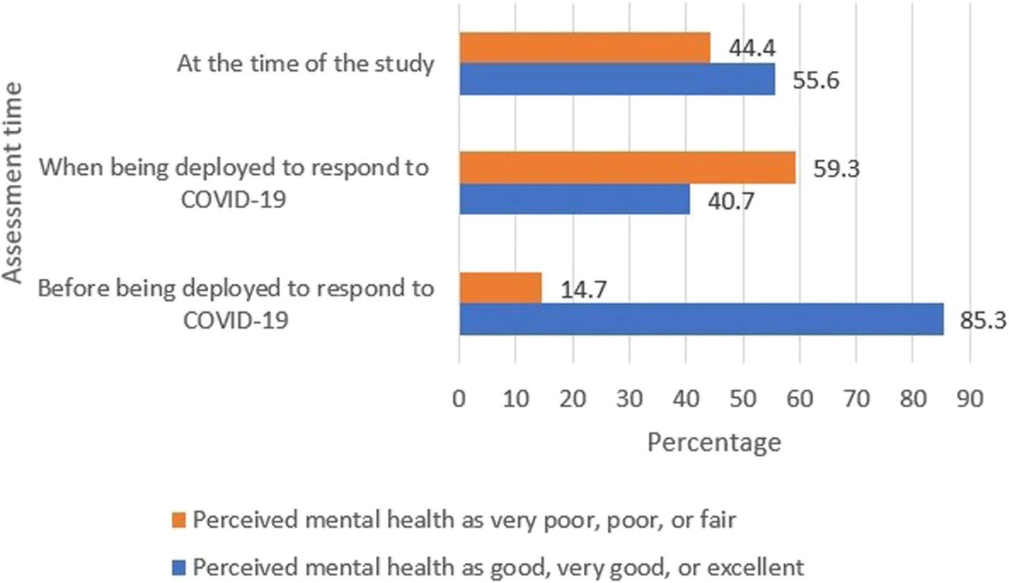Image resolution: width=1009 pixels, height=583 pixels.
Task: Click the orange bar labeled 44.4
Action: pos(584,47)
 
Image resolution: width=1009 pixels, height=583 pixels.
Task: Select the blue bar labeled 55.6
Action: pos(616,79)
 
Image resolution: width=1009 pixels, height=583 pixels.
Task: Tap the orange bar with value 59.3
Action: pos(627,168)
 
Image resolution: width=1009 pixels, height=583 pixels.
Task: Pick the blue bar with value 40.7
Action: pos(574,199)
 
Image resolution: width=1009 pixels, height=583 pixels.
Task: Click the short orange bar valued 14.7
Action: pos(501,288)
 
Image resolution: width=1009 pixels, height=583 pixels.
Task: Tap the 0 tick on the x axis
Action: pos(460,399)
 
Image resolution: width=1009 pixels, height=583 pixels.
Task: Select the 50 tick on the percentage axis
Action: pos(743,399)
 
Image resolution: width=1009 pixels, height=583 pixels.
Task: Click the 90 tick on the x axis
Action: pos(969,399)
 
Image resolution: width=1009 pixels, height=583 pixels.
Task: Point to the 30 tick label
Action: pos(629,399)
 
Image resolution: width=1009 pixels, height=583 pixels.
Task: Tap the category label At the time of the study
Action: pos(306,65)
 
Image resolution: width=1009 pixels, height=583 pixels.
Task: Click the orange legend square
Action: pos(179,521)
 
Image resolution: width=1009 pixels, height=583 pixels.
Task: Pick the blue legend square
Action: pos(179,566)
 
